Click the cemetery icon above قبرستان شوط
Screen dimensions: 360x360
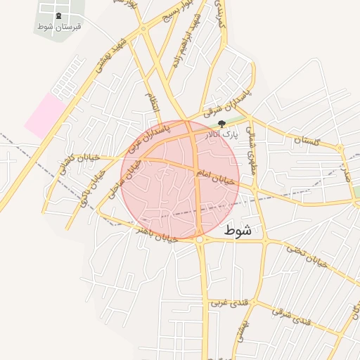58,16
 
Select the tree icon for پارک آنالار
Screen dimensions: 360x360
223,124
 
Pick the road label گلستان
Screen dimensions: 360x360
307,141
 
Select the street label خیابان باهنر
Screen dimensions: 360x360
154,233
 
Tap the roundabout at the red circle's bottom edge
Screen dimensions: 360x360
200,240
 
